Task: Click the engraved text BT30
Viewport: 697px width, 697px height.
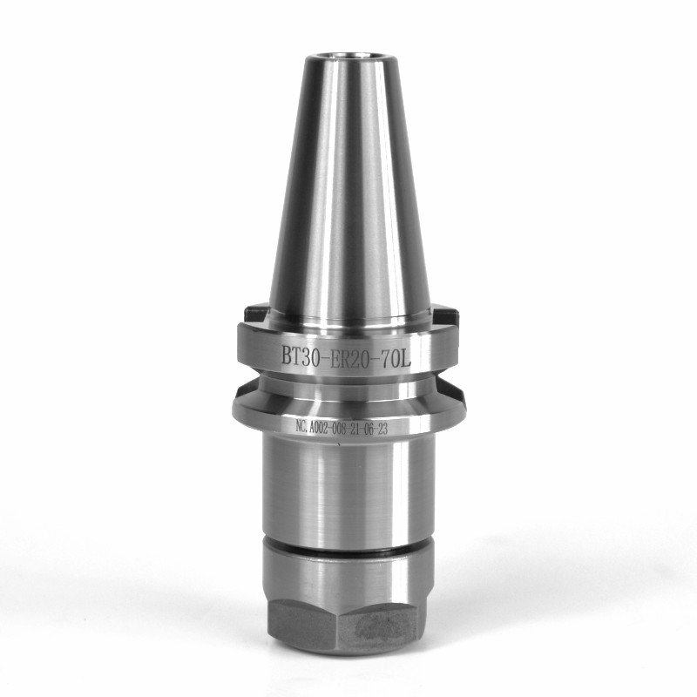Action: pos(299,355)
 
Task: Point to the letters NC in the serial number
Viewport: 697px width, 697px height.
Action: pos(301,428)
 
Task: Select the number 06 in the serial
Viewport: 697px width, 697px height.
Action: pos(369,429)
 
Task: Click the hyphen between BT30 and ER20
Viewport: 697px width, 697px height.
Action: pos(324,356)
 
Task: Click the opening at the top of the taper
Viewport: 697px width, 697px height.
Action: pos(342,56)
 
